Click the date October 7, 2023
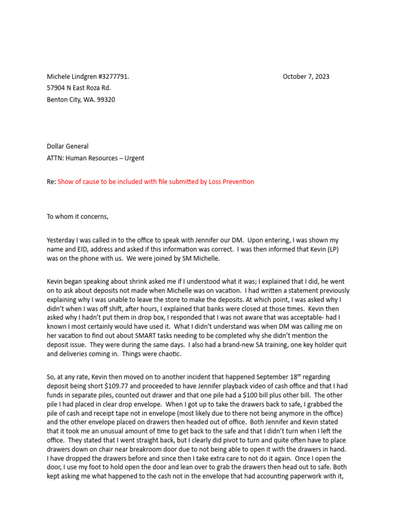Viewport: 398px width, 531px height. point(306,77)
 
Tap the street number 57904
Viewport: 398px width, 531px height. point(56,88)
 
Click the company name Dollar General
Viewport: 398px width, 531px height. point(67,147)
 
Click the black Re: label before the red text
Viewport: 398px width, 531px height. point(51,181)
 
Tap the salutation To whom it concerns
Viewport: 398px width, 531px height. point(78,217)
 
